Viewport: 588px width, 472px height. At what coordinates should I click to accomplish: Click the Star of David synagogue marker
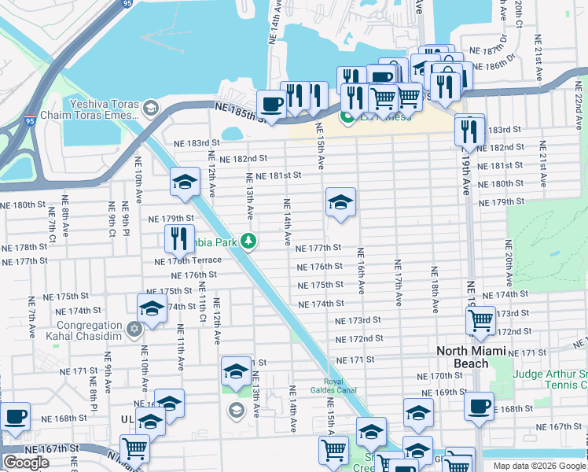pos(134,326)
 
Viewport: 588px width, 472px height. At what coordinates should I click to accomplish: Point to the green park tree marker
pos(248,241)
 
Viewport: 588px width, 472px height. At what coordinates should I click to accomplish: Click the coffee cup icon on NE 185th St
pos(272,104)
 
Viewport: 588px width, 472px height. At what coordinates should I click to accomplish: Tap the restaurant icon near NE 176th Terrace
pos(180,238)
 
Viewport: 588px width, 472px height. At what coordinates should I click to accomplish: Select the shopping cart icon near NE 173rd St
pos(480,319)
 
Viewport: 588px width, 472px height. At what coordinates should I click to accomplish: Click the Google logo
pos(26,463)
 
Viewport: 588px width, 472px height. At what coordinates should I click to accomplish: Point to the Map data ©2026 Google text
pos(539,466)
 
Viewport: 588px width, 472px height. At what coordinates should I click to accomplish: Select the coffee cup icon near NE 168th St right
pos(479,407)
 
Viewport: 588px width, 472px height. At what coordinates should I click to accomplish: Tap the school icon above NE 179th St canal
pos(185,183)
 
